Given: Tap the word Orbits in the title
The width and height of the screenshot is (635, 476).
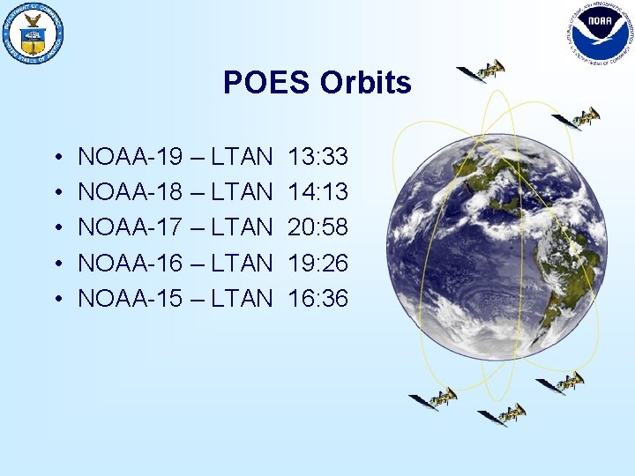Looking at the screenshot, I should point(365,82).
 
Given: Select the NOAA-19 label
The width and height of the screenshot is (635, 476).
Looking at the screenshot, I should point(131,158).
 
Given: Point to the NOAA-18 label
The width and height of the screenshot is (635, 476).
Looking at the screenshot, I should point(131,193).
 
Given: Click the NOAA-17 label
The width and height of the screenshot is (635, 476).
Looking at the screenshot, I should point(131,228).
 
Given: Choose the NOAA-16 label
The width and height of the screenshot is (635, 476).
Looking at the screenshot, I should point(131,264).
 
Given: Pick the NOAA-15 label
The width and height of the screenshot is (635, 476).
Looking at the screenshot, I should point(131,299).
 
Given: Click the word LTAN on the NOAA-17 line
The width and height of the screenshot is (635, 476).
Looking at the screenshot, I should point(242,228).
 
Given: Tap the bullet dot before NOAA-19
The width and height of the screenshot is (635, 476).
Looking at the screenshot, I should point(56,160).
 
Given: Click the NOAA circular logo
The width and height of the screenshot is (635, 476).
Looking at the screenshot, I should point(600,33).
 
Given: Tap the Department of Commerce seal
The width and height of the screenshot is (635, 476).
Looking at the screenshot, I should point(34,33).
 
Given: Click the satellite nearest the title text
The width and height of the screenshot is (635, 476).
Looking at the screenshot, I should point(481,71).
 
